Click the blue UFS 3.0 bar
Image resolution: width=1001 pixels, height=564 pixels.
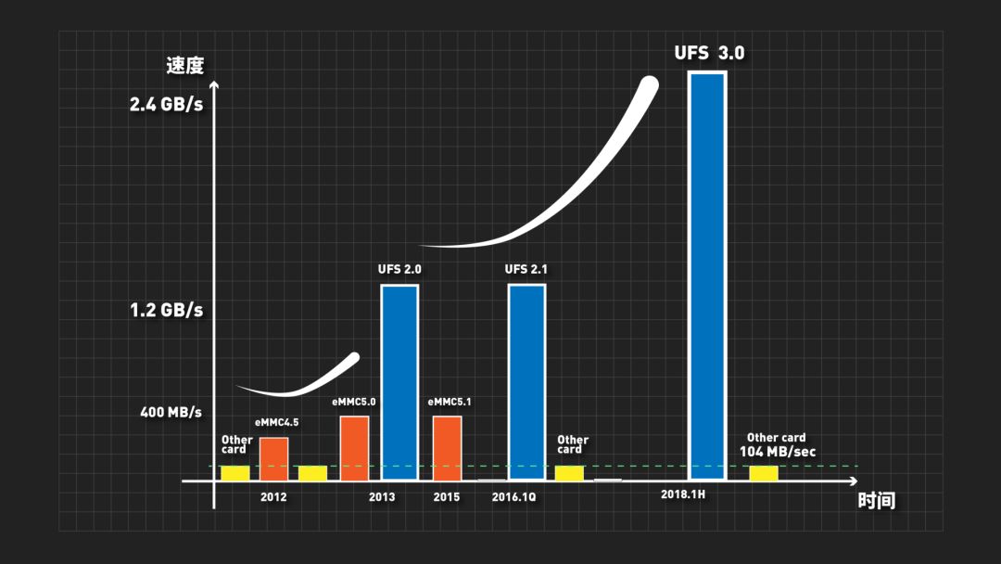[706, 275]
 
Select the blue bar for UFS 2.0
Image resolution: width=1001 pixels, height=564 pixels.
[399, 382]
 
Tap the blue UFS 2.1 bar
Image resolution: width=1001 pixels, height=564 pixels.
[526, 382]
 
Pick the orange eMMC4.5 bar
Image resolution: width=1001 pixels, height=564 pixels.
[273, 458]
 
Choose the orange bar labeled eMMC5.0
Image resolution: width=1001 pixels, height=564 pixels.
[354, 448]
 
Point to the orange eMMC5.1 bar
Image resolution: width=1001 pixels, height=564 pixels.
[447, 448]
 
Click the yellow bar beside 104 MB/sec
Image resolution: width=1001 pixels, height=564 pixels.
[763, 473]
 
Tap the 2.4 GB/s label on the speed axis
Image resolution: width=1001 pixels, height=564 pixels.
[167, 104]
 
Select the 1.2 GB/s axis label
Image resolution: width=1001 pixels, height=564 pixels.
[167, 310]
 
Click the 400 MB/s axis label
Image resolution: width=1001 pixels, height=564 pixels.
[171, 411]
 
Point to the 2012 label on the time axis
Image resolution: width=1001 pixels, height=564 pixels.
[273, 497]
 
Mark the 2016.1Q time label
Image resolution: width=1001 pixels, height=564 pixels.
[514, 497]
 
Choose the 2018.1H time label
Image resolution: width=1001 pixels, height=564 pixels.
[683, 494]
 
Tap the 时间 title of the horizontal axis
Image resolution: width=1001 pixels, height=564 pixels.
[876, 501]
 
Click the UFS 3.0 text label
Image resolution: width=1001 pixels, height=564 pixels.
[709, 53]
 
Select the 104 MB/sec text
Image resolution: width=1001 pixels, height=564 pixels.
[778, 452]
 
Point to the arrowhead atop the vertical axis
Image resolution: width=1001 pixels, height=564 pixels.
[214, 85]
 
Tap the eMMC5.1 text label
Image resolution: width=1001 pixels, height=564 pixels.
[450, 403]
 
